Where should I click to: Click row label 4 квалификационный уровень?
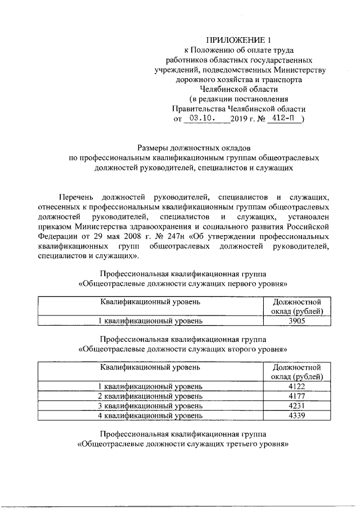[150, 416]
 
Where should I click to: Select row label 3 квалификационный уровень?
[150, 406]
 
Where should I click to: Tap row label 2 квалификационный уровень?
[150, 396]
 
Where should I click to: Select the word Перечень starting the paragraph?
[78, 196]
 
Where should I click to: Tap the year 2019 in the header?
[239, 119]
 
